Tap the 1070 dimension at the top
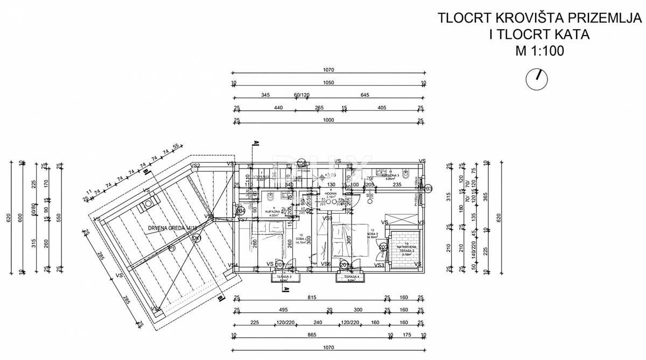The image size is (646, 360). pos(328,70)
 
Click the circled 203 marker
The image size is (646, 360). pos(428,189)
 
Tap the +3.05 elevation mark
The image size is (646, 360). pos(331,175)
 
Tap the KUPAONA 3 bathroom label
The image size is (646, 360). pos(389,176)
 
